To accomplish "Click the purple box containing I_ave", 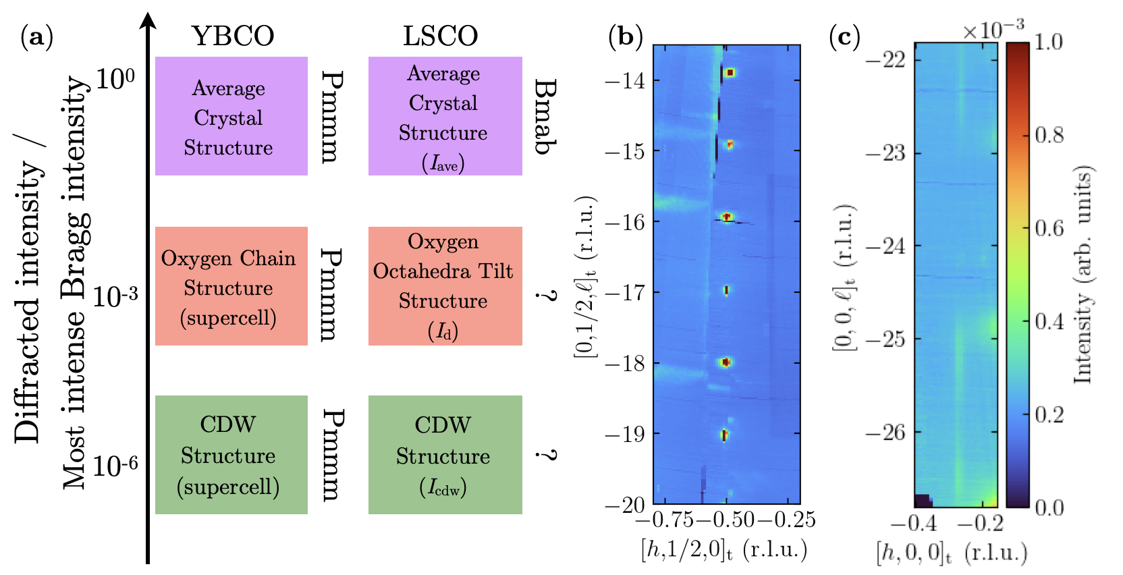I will [x=445, y=116].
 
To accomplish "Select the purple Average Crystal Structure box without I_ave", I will [x=231, y=116].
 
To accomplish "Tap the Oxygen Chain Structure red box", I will [x=231, y=286].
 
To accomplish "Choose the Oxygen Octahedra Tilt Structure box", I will [x=445, y=286].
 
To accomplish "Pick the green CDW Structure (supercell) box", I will [x=231, y=455].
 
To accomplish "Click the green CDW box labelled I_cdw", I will [x=445, y=455].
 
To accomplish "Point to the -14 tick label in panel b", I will [x=625, y=81].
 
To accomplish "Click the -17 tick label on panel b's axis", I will [x=625, y=293].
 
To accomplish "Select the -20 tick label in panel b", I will [x=625, y=505].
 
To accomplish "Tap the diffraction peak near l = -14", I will [x=730, y=72].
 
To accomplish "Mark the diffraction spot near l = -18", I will [x=726, y=362].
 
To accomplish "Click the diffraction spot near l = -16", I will [x=727, y=217].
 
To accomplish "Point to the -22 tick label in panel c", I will [x=885, y=59].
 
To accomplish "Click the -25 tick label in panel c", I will [x=885, y=339].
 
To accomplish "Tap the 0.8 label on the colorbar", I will [x=1049, y=135].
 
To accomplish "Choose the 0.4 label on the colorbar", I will [x=1049, y=321].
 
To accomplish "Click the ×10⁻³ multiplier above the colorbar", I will [x=993, y=30].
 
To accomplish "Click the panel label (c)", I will [x=844, y=36].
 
